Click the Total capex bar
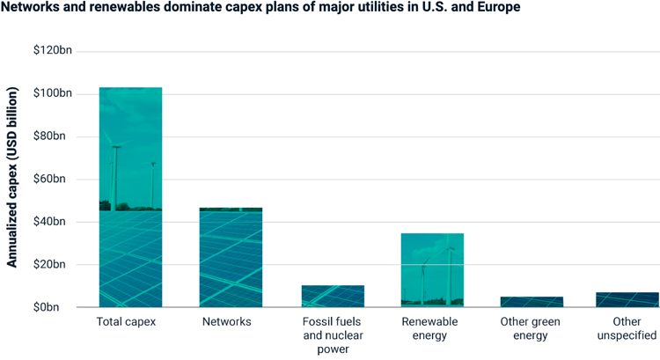130,197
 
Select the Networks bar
231,257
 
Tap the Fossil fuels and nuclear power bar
332,296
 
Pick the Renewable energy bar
432,270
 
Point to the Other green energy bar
532,302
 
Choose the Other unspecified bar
627,299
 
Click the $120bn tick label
53,51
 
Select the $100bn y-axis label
53,93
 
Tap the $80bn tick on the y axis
55,136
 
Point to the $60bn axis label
55,179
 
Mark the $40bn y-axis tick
55,222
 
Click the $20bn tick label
55,264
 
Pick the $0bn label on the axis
58,307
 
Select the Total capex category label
126,322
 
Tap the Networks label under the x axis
227,322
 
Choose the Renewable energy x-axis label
429,328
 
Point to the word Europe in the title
500,8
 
